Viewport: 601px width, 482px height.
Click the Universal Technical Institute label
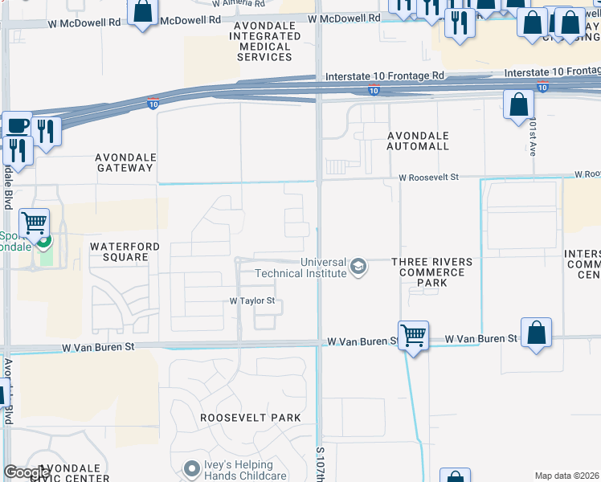click(x=300, y=268)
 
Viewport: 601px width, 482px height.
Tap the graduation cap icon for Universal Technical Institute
click(x=358, y=267)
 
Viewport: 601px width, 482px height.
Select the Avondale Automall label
click(x=418, y=141)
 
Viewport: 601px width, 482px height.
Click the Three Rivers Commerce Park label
click(x=431, y=272)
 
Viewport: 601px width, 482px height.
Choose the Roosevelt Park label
click(x=251, y=418)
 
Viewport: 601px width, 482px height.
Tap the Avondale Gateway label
click(x=125, y=162)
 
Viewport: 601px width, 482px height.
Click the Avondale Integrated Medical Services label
click(x=264, y=42)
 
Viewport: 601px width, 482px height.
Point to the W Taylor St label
click(x=252, y=301)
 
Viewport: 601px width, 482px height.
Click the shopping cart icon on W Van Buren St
click(x=413, y=334)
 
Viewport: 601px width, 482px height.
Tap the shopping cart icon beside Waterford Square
click(x=34, y=222)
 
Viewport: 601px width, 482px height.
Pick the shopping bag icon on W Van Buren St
click(x=536, y=332)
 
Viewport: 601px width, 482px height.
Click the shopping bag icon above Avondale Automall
click(x=519, y=104)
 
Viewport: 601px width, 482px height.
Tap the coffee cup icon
click(x=17, y=125)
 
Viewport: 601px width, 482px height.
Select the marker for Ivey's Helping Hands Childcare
click(x=191, y=468)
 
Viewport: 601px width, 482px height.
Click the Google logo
click(x=27, y=473)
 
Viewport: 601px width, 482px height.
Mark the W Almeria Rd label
click(x=239, y=3)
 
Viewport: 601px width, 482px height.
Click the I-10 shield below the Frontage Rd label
click(x=374, y=91)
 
